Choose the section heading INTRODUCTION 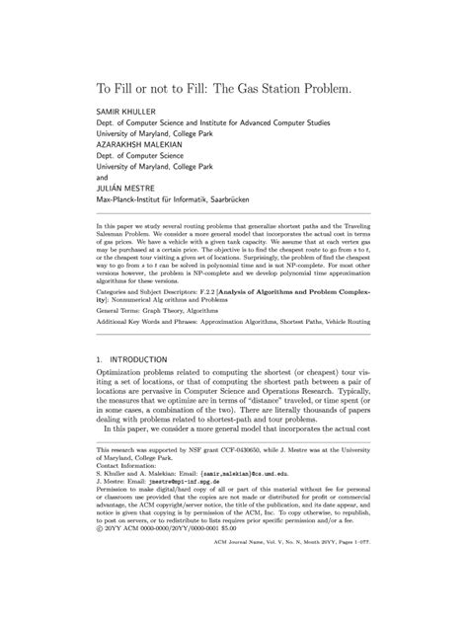(x=151, y=357)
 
